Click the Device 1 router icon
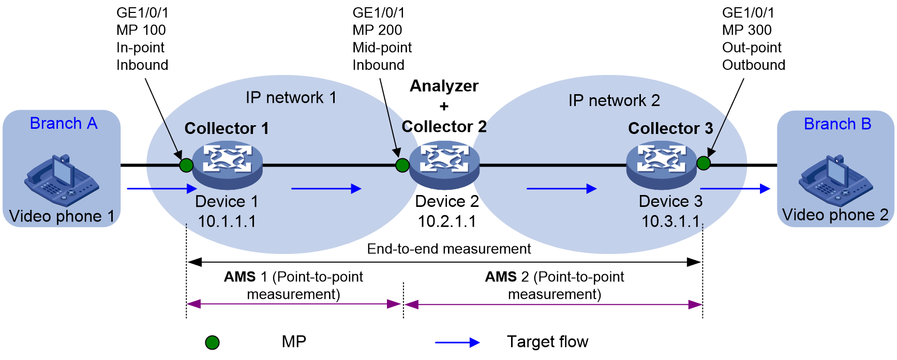point(228,165)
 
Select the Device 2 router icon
point(444,165)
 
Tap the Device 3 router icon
point(662,165)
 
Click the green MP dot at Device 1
point(186,165)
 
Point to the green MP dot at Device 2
point(402,165)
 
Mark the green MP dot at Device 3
point(703,163)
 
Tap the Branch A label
point(64,124)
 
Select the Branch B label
point(838,124)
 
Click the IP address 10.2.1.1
point(447,221)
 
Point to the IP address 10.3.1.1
point(670,221)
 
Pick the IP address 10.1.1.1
point(227,221)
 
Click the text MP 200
point(377,30)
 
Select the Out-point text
point(752,48)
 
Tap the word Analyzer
point(444,86)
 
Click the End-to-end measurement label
point(449,249)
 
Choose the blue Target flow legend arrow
point(457,342)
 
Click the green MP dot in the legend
point(212,342)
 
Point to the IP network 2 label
point(614,100)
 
